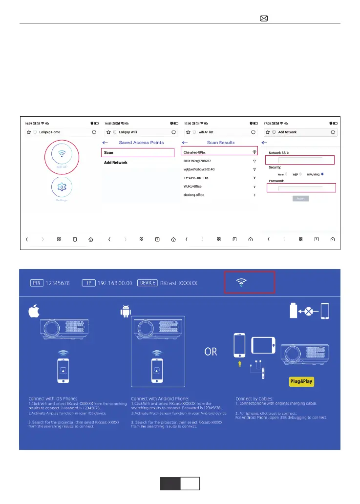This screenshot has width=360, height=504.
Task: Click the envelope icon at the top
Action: pos(264,19)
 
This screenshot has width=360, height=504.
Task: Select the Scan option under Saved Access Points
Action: pos(138,153)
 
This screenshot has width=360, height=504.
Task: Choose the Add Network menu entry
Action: pos(116,163)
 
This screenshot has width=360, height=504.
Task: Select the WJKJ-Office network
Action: pos(192,187)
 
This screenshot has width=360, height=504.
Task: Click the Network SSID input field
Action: pos(300,160)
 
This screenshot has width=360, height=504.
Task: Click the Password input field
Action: pos(300,188)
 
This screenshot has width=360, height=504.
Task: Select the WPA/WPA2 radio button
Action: pos(322,174)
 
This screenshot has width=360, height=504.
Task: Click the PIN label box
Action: pos(37,283)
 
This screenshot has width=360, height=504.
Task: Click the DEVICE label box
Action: pos(148,283)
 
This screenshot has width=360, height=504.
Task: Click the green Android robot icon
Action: pos(125,311)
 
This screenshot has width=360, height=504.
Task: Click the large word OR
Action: pos(211,352)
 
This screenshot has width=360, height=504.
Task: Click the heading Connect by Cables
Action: pos(255,398)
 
